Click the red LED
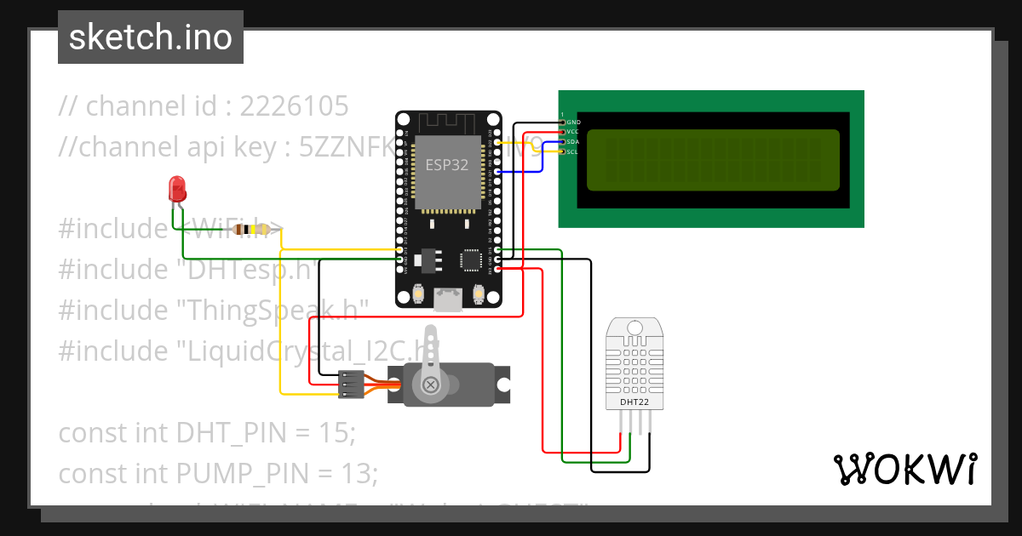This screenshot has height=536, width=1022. point(177,188)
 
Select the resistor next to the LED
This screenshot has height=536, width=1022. point(250,229)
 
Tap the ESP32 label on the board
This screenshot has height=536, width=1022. point(447,166)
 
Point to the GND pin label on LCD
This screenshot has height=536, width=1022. point(573,123)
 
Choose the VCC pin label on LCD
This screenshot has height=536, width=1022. point(573,132)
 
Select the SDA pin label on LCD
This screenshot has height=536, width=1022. point(573,142)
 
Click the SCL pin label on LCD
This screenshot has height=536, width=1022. point(573,152)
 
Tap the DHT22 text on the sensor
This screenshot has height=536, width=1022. point(632,402)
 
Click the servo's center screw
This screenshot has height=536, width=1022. point(432,385)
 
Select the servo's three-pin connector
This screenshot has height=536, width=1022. point(350,385)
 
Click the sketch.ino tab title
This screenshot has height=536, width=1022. point(151,37)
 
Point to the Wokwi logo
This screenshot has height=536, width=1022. point(904,469)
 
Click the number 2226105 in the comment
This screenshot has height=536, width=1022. point(294,106)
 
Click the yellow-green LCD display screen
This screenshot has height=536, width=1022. point(713,159)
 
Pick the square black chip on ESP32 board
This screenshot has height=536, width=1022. point(471,259)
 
